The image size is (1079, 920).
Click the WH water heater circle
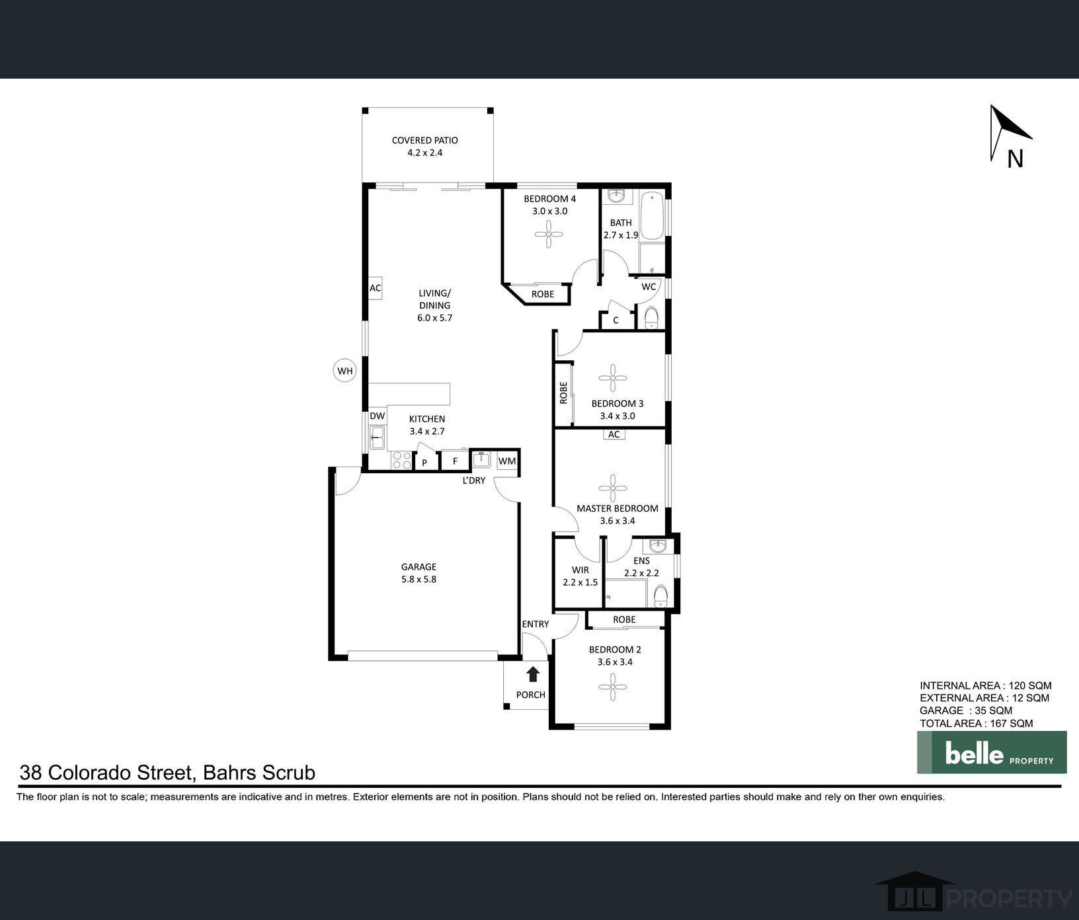[345, 371]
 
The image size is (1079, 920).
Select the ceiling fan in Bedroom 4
[549, 233]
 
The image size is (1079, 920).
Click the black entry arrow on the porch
[533, 674]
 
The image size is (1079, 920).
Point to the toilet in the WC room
[651, 318]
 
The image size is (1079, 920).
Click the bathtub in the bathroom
[653, 215]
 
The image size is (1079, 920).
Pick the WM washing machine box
[507, 461]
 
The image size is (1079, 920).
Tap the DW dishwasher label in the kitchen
[377, 416]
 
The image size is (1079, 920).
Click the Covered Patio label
[424, 146]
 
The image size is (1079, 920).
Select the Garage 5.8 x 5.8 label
[419, 573]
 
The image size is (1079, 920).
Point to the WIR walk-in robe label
[580, 570]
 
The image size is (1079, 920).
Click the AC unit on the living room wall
[375, 288]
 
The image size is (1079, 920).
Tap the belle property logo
[992, 752]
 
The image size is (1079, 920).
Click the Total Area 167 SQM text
[976, 723]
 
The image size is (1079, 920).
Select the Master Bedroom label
[618, 508]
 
